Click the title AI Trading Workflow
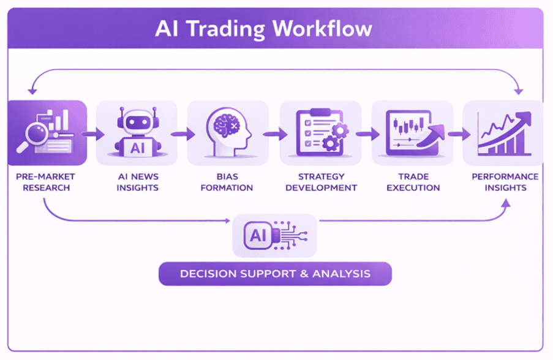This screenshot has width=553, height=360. (x=263, y=29)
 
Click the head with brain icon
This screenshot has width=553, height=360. (x=227, y=130)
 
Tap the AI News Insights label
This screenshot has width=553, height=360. (x=138, y=182)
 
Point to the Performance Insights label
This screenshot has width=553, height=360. (x=505, y=182)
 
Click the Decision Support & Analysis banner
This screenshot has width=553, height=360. (x=275, y=273)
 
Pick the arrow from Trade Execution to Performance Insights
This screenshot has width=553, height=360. (x=457, y=133)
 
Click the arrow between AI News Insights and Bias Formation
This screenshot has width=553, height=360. (x=181, y=133)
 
